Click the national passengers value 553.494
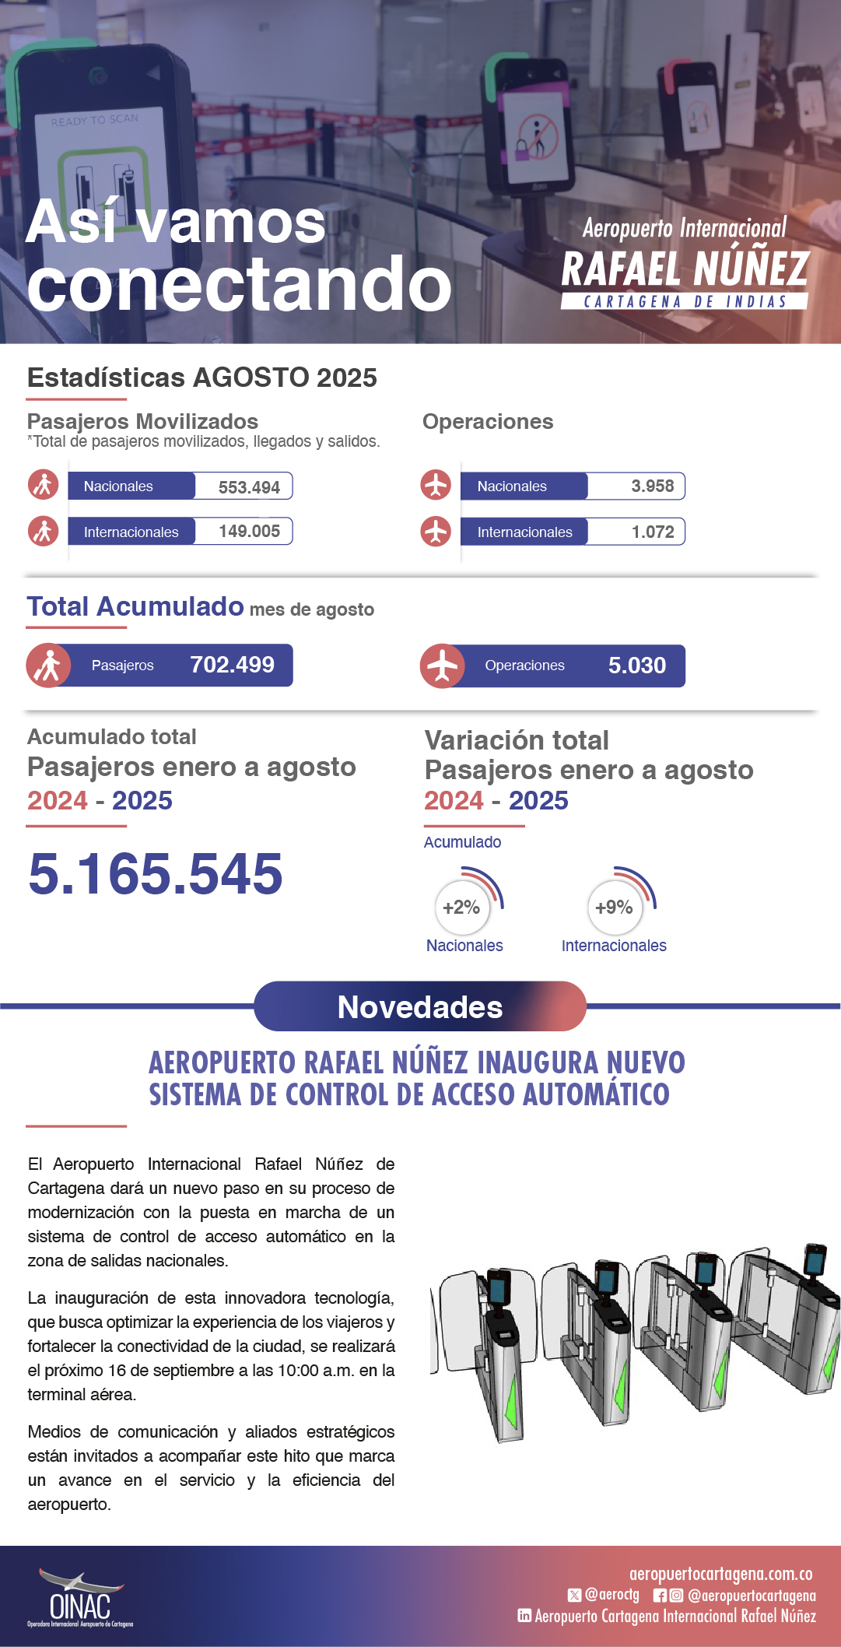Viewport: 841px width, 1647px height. click(248, 487)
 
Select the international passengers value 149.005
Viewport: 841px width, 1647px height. click(249, 532)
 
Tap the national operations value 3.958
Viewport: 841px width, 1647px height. click(652, 486)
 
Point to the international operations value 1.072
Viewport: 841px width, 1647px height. click(652, 532)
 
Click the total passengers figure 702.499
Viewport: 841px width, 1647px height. click(232, 665)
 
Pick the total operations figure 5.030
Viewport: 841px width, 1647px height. click(636, 665)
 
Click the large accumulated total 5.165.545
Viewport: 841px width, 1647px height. click(156, 873)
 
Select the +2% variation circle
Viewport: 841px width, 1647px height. click(462, 908)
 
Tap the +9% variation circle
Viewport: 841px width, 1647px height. click(614, 908)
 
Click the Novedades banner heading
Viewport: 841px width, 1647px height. click(420, 1007)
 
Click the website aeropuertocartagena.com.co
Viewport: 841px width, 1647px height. click(720, 1574)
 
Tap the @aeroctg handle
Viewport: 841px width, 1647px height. click(611, 1595)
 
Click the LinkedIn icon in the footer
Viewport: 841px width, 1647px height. click(524, 1616)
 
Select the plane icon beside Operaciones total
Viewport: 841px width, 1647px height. click(442, 666)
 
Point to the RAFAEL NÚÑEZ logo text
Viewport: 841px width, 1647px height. click(685, 269)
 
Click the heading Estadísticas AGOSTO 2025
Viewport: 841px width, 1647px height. click(202, 378)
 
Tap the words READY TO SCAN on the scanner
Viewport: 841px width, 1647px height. click(95, 121)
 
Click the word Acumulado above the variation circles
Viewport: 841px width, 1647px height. click(462, 842)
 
